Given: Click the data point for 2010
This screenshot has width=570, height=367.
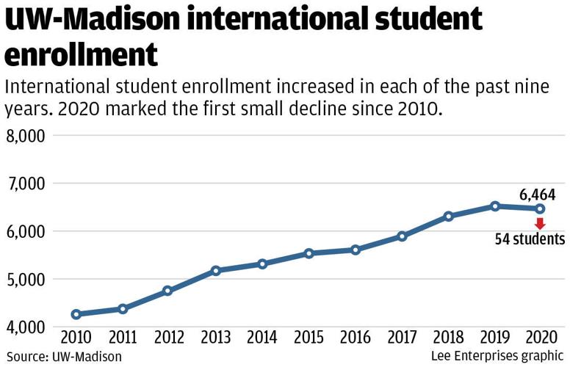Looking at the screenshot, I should [76, 314].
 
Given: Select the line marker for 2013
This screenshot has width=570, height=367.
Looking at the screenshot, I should [215, 271].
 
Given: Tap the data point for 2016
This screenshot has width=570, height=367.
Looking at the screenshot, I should [356, 250].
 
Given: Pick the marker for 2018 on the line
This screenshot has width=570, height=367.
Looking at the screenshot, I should [448, 217].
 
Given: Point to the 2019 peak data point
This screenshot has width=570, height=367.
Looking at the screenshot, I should [495, 206].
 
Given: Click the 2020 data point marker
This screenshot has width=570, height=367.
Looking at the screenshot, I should [540, 208].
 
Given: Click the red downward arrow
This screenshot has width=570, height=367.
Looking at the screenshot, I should [540, 223].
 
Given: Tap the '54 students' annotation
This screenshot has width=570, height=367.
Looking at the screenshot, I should [529, 239].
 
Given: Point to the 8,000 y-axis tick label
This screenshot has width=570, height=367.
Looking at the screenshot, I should [26, 137].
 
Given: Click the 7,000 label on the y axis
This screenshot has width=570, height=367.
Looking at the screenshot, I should [26, 184].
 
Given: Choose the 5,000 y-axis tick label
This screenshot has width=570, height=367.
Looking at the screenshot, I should [26, 280].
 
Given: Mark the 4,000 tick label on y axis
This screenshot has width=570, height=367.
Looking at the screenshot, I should [26, 327].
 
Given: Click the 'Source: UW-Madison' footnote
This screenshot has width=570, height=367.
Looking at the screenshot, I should [63, 357].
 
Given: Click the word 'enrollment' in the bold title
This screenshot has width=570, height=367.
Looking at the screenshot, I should [82, 55].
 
